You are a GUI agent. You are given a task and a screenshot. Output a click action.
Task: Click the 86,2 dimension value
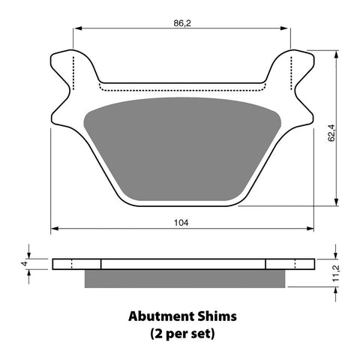click(x=181, y=23)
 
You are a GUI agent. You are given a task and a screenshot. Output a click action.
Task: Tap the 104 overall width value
click(x=181, y=223)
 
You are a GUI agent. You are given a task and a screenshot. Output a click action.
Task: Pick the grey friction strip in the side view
click(x=185, y=278)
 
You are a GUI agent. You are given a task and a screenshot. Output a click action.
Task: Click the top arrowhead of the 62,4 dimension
click(x=334, y=55)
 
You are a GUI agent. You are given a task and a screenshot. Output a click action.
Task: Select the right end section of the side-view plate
click(x=289, y=263)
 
